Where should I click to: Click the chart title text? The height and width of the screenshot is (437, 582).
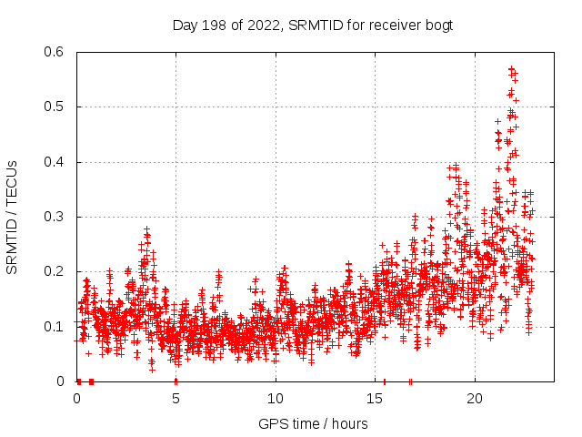tap(312, 25)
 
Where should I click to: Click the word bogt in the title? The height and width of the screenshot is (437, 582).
tap(437, 25)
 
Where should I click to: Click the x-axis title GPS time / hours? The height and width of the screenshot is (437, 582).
tap(312, 423)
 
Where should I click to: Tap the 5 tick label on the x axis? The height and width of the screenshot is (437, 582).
tap(176, 399)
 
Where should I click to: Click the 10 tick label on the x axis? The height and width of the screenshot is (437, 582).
tap(276, 399)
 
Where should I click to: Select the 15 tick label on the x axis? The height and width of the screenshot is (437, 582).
tap(375, 399)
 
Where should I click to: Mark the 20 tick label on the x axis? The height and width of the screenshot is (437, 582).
tap(474, 399)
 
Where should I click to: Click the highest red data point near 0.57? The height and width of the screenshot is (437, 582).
tap(511, 68)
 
